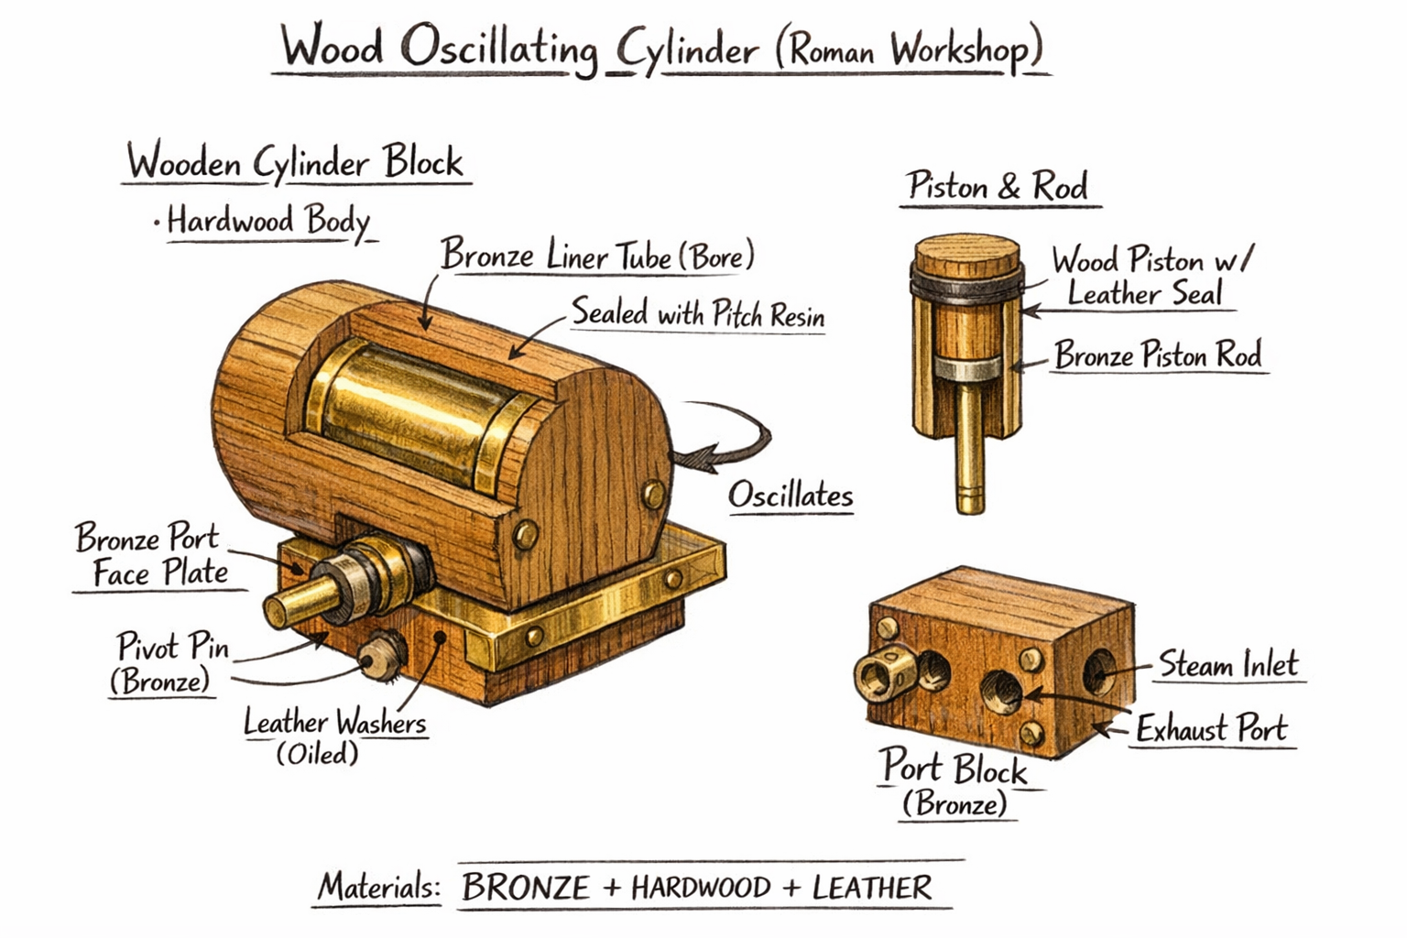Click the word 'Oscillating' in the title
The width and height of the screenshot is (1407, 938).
point(499,49)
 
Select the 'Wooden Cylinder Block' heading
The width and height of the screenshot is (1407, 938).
point(295,163)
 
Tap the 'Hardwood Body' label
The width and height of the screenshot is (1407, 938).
point(267,221)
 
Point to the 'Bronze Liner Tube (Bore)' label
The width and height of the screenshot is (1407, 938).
point(597,256)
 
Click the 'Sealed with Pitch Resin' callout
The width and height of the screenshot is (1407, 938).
point(697,314)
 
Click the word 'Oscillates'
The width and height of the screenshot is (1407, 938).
point(790,496)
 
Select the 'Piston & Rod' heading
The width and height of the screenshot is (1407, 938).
point(998,187)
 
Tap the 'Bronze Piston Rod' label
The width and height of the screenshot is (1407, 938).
point(1158,355)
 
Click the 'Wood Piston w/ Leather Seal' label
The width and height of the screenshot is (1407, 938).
point(1149,277)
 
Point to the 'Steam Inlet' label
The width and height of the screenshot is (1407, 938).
point(1228,664)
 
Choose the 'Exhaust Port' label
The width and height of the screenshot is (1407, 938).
point(1211,729)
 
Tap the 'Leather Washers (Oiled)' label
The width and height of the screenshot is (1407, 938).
point(333,736)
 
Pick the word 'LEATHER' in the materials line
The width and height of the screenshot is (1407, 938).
point(871,888)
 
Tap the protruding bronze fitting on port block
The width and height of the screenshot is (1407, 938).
point(885,675)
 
